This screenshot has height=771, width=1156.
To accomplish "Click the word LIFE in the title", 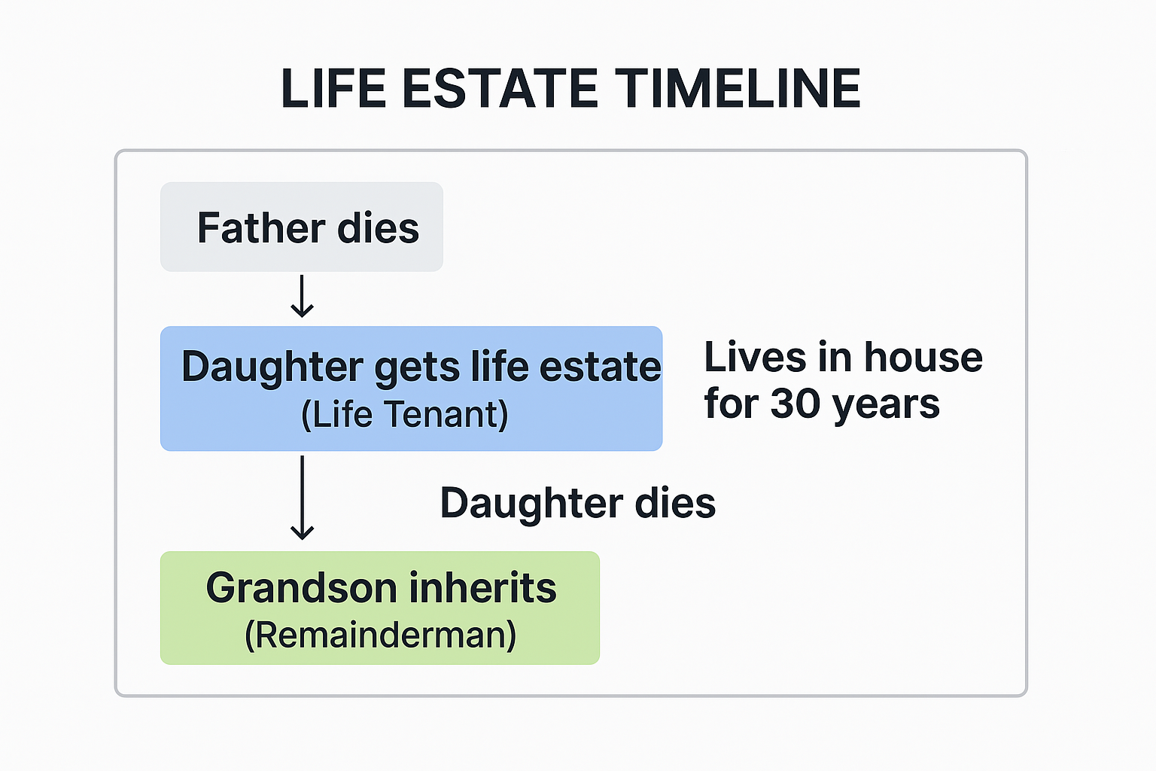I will coord(333,89).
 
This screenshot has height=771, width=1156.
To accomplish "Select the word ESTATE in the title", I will coord(500,89).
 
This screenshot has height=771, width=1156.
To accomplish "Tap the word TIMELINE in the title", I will coord(738,89).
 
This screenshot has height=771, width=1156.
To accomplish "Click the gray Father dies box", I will coord(301,227).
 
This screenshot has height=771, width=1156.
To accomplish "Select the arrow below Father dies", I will coord(302,297).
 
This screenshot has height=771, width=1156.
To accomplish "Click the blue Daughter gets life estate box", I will coord(411,389).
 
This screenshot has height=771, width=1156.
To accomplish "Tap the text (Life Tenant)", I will coord(405,415).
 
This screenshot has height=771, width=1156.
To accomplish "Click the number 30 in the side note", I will coord(795,404).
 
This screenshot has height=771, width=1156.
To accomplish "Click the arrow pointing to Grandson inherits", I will coord(302,498).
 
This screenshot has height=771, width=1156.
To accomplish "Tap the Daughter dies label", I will coord(577,503).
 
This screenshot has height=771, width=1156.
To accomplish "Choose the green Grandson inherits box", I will coord(380,608).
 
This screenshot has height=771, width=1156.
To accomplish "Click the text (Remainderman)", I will coord(381,635).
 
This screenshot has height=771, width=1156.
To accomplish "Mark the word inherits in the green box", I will coord(482,588).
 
